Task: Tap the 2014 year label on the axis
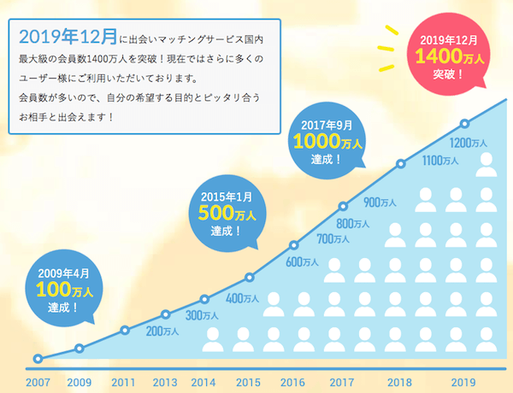tap(203, 381)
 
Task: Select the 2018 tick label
tap(400, 381)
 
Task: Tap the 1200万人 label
tap(468, 142)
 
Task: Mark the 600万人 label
tap(302, 261)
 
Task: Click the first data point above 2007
tap(38, 359)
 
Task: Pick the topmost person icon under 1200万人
tap(486, 163)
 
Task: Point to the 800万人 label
tap(352, 223)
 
